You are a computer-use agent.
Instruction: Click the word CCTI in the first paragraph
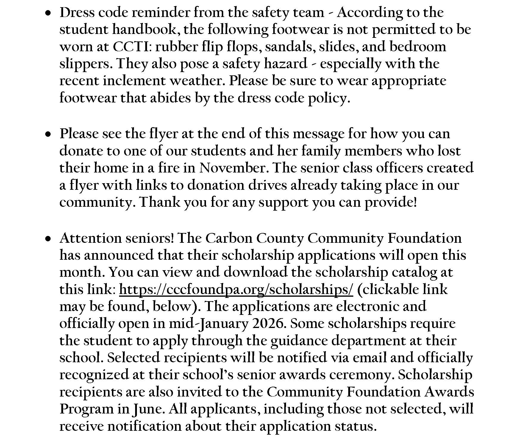coord(130,47)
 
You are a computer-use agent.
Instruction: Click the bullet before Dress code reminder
coord(48,13)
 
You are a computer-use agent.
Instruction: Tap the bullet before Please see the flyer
coord(48,135)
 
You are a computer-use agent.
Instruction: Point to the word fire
coord(169,168)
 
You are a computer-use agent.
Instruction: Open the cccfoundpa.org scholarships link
coord(236,290)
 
